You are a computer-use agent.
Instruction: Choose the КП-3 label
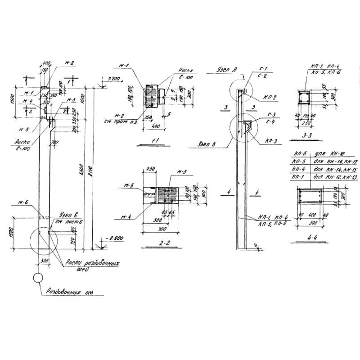coord(270,140)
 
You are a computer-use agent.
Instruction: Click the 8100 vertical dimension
coord(91,170)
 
